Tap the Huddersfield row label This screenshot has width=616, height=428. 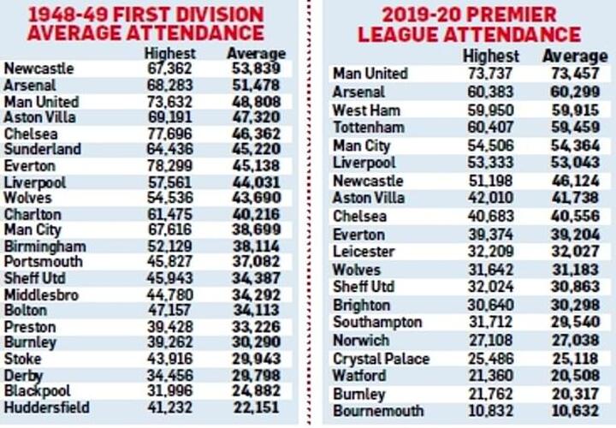[x=46, y=407]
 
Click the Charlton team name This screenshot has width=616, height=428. [x=33, y=214]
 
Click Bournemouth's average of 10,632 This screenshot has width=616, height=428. [x=573, y=412]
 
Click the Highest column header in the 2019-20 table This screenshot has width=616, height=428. [x=490, y=56]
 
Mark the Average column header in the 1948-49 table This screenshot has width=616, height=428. [x=256, y=53]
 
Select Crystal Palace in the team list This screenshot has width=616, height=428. [x=381, y=359]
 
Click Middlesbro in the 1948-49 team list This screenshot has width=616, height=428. [x=42, y=294]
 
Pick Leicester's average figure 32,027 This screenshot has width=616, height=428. [x=573, y=252]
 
